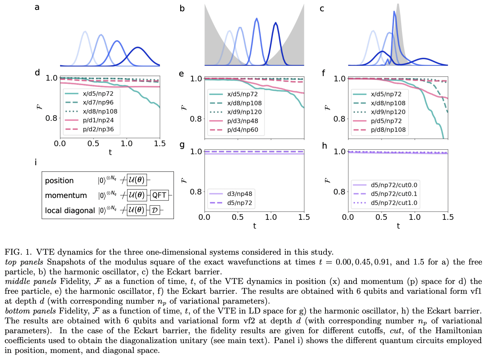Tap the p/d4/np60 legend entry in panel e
click(x=243, y=130)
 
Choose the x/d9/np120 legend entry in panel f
click(x=388, y=112)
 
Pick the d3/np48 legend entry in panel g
click(x=239, y=194)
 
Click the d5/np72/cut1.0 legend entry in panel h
click(x=394, y=203)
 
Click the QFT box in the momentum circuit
click(x=159, y=195)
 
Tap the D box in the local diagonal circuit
click(x=154, y=210)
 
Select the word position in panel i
click(x=59, y=181)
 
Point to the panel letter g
click(x=182, y=145)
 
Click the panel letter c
click(x=322, y=9)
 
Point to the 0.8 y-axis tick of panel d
click(x=51, y=118)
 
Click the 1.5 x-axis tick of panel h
click(x=447, y=217)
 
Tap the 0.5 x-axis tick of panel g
click(x=237, y=217)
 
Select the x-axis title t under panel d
click(x=110, y=153)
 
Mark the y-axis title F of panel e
click(x=183, y=107)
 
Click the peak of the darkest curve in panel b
click(x=275, y=23)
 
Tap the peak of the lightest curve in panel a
click(x=85, y=32)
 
